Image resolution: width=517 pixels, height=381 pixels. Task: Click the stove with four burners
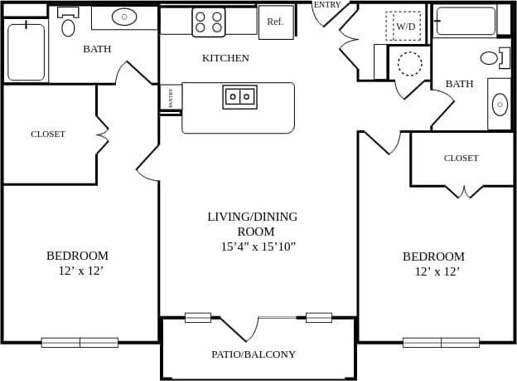click(209, 22)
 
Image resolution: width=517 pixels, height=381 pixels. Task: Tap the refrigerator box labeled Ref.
click(275, 22)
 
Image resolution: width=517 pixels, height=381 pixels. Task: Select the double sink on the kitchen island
click(239, 97)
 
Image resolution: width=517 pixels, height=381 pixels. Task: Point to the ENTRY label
click(327, 5)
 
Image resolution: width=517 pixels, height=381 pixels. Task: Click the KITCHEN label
click(225, 58)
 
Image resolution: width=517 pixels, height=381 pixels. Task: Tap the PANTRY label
click(171, 98)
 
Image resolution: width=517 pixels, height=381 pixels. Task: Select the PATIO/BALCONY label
click(254, 354)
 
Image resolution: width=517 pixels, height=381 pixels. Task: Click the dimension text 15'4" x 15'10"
click(258, 247)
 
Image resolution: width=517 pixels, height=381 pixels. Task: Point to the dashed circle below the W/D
click(409, 63)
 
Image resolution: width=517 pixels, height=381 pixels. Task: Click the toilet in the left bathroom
click(68, 22)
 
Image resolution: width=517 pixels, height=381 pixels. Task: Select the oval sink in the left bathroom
click(124, 17)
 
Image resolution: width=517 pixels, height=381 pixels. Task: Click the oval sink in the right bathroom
click(500, 105)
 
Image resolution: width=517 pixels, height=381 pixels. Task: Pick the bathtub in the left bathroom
click(26, 51)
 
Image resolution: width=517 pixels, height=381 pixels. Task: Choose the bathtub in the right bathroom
click(465, 21)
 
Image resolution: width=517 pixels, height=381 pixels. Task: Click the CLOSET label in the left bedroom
click(48, 134)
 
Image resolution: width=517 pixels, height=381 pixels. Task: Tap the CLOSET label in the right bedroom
click(461, 158)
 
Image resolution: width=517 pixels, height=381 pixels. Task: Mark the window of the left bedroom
click(80, 342)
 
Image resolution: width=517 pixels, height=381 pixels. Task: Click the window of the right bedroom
click(441, 342)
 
